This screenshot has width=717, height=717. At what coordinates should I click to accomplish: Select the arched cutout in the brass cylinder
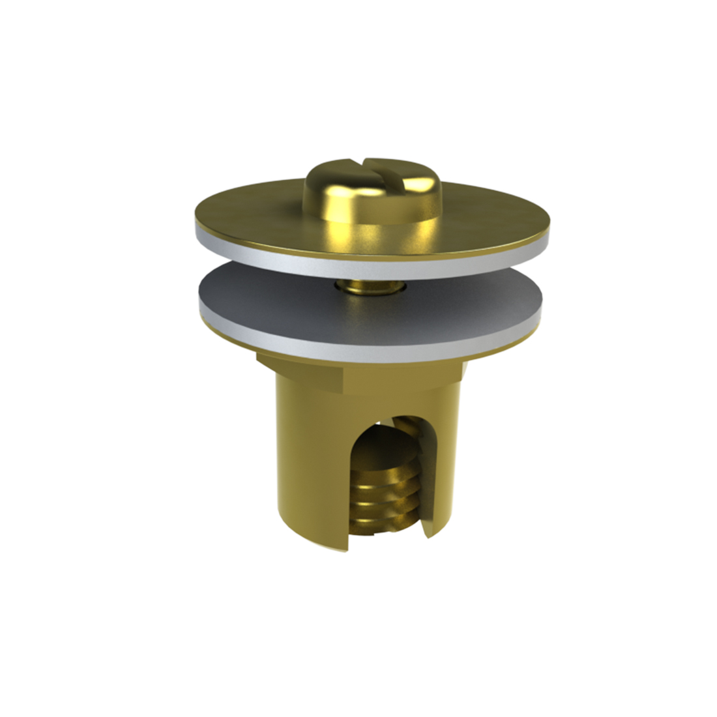coord(388,476)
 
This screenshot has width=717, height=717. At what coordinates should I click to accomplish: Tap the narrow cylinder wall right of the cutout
coord(446,469)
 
